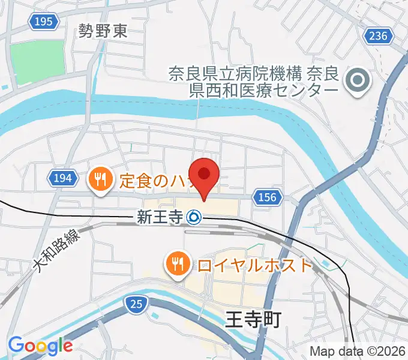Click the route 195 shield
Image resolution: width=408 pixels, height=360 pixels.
[x=44, y=22]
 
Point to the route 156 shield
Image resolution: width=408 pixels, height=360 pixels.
[x=268, y=197]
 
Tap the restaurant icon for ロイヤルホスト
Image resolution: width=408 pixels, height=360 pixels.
[x=177, y=264]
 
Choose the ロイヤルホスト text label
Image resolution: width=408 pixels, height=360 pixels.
[x=254, y=265]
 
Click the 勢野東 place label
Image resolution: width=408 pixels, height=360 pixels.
[x=103, y=31]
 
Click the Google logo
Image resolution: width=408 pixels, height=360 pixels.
[x=40, y=346]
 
